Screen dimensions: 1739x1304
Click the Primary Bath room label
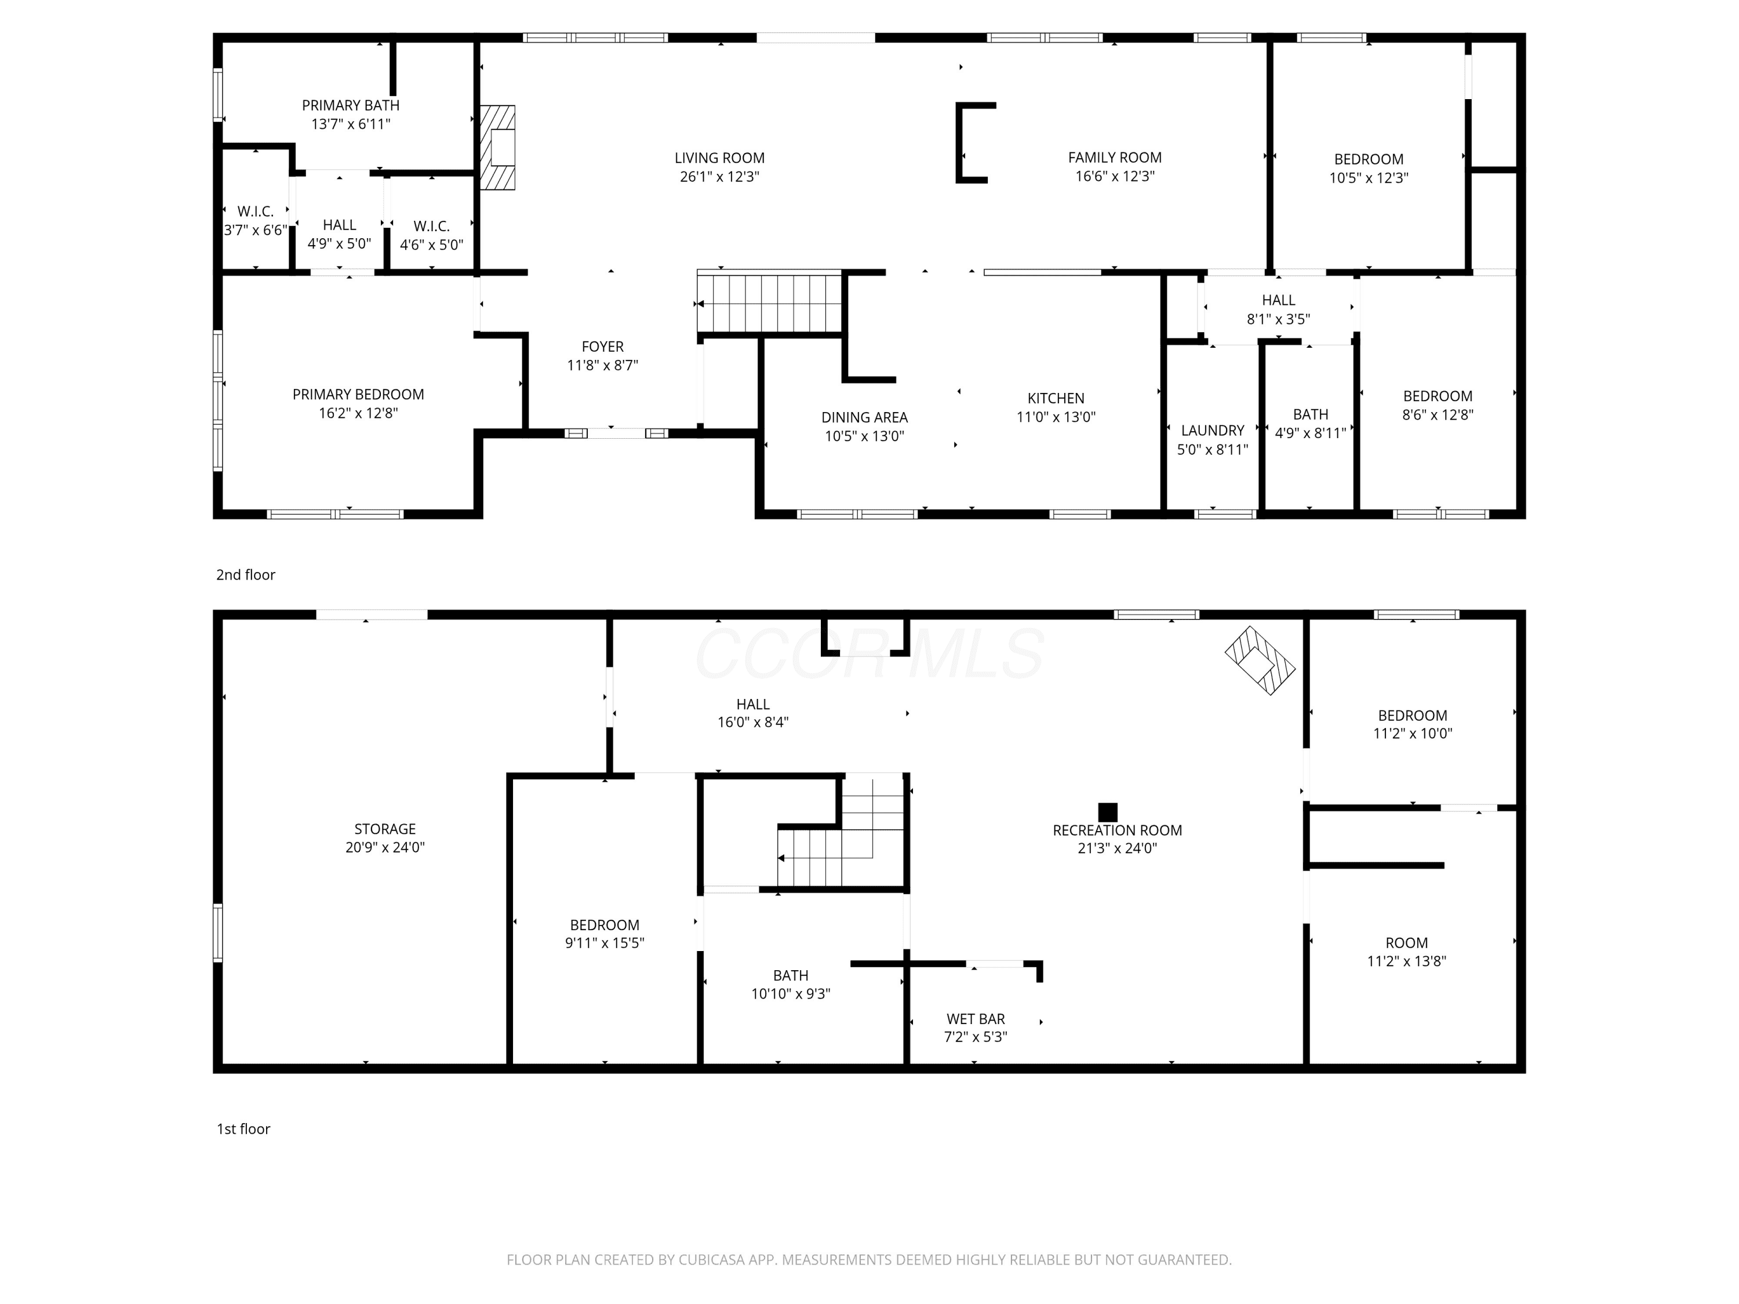pos(351,105)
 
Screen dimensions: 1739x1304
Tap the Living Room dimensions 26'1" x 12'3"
pos(719,177)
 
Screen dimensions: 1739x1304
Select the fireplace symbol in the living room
pos(499,148)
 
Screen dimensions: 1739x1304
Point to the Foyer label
pos(602,347)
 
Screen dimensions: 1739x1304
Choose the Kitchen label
pos(1056,399)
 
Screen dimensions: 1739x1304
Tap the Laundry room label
pos(1212,431)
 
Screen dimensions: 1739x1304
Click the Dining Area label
pos(864,417)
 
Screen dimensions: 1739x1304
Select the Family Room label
pos(1115,158)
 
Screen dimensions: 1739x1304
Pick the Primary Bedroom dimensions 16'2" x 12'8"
pos(358,413)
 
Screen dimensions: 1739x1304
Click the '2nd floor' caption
pos(246,574)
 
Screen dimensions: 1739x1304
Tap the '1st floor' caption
pos(243,1129)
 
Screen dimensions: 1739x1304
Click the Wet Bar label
pos(976,1019)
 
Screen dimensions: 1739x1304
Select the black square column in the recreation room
pos(1108,812)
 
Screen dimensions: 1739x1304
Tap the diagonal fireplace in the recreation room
pos(1260,660)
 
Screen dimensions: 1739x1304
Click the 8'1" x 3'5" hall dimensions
pos(1278,319)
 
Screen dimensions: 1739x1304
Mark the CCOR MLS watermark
pos(869,653)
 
